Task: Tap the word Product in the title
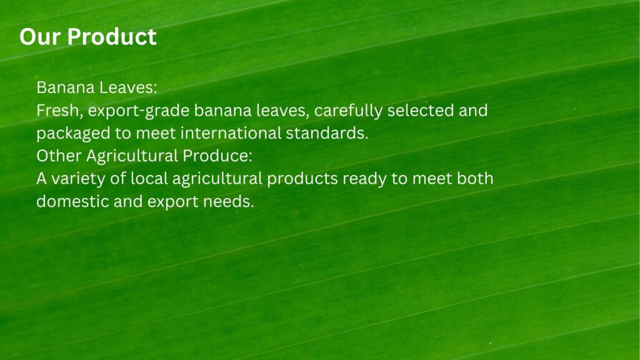click(x=112, y=37)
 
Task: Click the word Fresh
click(x=59, y=111)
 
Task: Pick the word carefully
click(x=348, y=111)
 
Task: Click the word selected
click(x=421, y=111)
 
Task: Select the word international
click(x=231, y=134)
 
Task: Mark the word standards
click(x=327, y=134)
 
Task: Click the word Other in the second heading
click(x=59, y=156)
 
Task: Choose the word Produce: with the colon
click(x=217, y=156)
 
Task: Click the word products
click(x=302, y=179)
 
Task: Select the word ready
click(x=364, y=179)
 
